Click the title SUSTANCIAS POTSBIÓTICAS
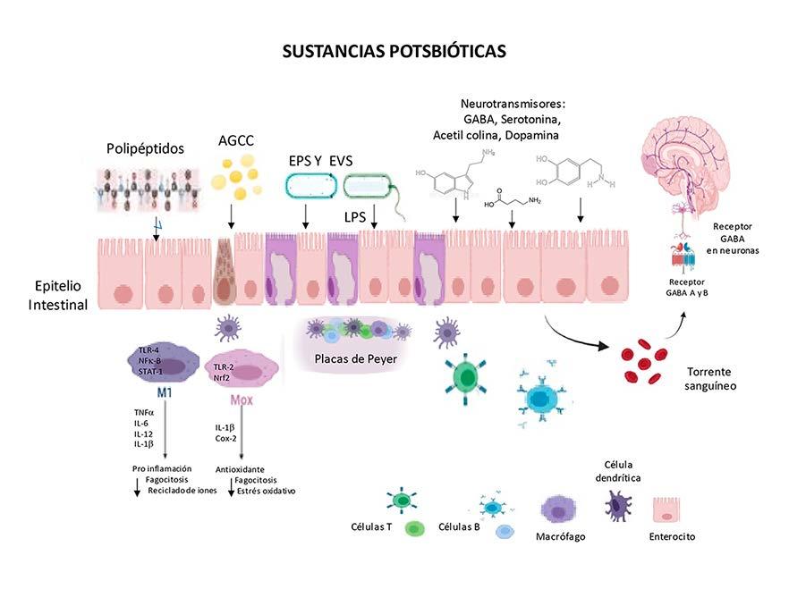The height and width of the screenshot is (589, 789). pos(394,51)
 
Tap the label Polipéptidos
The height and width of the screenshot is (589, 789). pos(145,148)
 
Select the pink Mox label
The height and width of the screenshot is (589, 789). pos(242,400)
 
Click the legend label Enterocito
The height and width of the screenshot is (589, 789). pos(671,537)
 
